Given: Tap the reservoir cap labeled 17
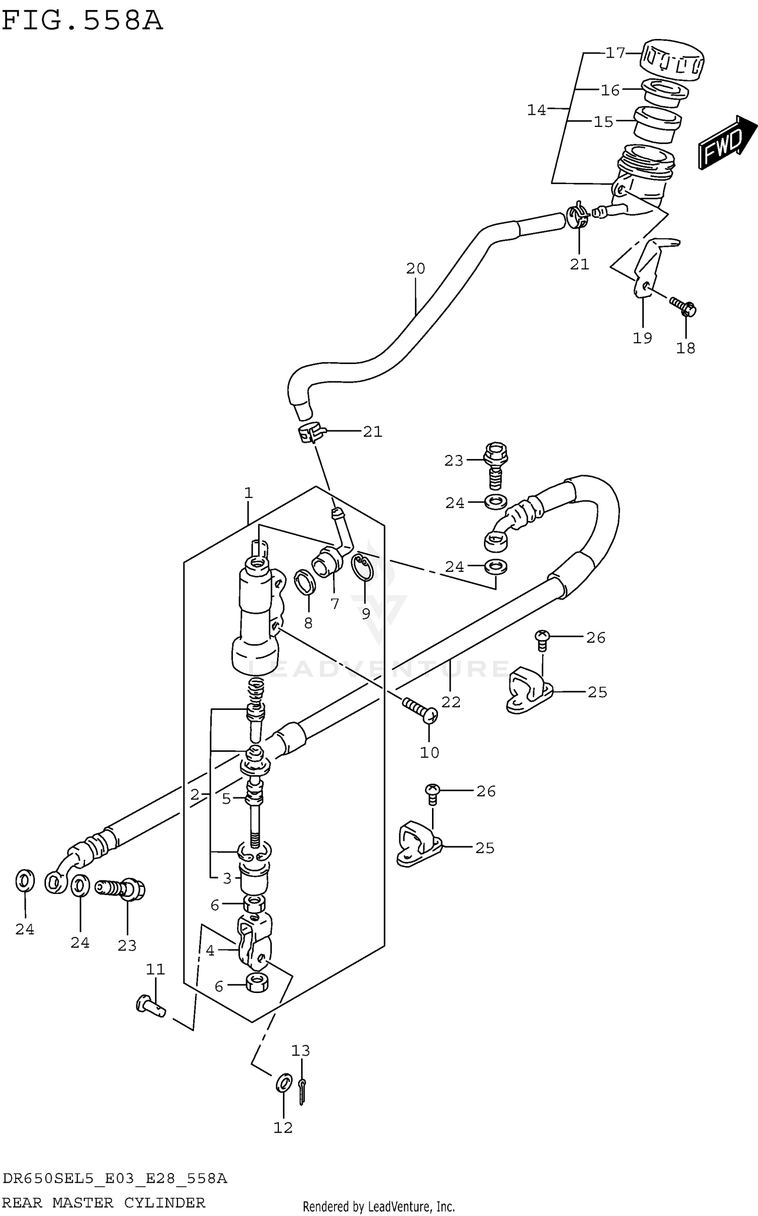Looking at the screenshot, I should [672, 59].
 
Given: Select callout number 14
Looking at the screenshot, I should [536, 110].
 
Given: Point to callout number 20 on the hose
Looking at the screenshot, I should [415, 268].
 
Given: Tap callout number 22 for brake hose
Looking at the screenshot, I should [451, 702].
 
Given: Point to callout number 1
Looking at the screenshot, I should [248, 492].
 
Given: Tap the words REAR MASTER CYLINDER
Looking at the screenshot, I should [104, 1202].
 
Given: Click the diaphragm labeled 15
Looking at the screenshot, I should [656, 124].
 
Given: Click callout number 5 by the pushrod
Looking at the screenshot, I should [226, 799].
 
